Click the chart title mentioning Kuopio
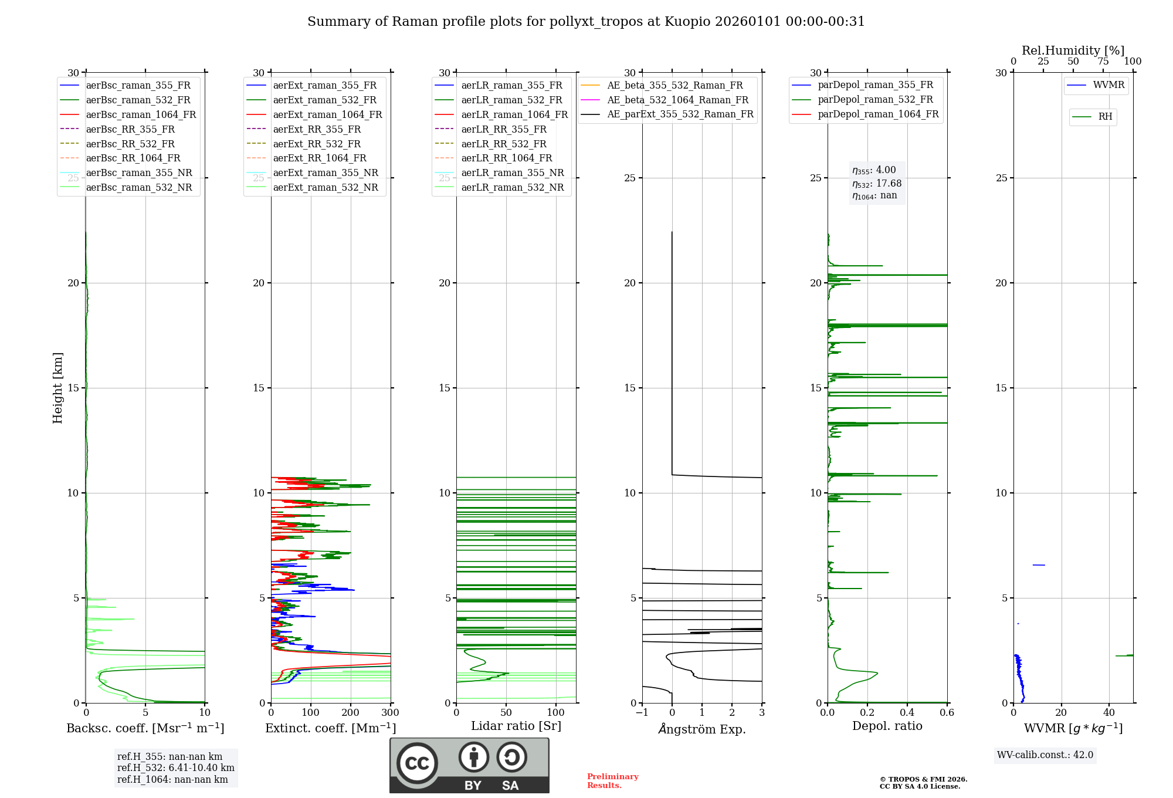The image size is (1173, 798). [586, 22]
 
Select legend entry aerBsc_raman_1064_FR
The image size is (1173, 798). [141, 114]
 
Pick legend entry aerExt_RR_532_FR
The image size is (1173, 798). [317, 144]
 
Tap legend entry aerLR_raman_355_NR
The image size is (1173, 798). [512, 173]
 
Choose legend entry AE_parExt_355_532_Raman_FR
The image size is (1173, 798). [680, 114]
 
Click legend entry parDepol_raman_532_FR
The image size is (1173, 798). [875, 100]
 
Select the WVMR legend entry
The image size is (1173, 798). [1108, 85]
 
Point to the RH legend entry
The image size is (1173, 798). [1105, 117]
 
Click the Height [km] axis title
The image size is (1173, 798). [57, 388]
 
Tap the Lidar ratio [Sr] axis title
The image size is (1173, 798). [516, 726]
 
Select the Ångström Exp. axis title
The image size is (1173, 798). [702, 729]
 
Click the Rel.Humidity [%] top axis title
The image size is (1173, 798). [1073, 50]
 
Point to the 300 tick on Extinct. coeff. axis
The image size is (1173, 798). [390, 713]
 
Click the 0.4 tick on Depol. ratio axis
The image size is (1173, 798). [907, 713]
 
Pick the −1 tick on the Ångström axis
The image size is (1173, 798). [642, 713]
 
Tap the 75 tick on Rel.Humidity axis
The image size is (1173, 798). [1103, 62]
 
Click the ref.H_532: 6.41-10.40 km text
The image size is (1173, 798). [175, 768]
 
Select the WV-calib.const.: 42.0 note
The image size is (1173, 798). [1045, 755]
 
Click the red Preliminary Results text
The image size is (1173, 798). [612, 781]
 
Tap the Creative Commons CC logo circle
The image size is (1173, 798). [417, 763]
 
